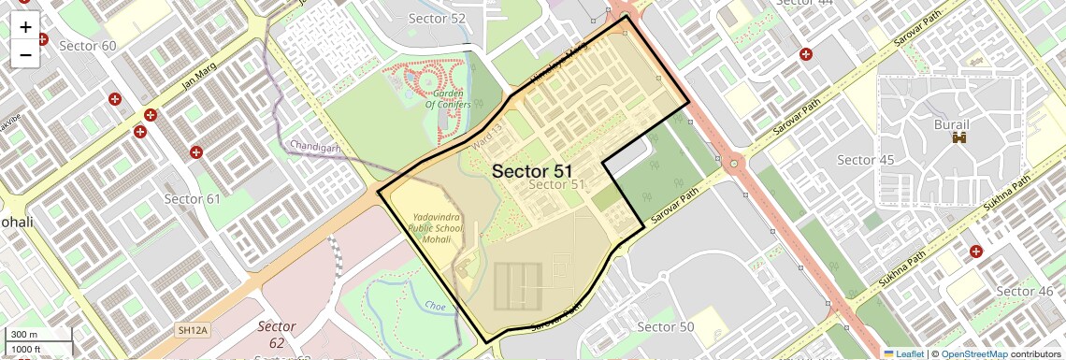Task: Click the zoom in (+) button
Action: click(x=25, y=27)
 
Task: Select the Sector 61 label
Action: click(x=192, y=199)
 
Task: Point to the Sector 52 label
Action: click(x=437, y=19)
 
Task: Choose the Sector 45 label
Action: click(x=866, y=160)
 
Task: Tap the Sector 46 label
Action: click(x=1025, y=292)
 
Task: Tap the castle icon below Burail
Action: click(x=958, y=138)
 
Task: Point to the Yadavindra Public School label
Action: click(x=437, y=228)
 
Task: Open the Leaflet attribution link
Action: click(x=903, y=353)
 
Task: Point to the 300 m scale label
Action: click(x=24, y=335)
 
